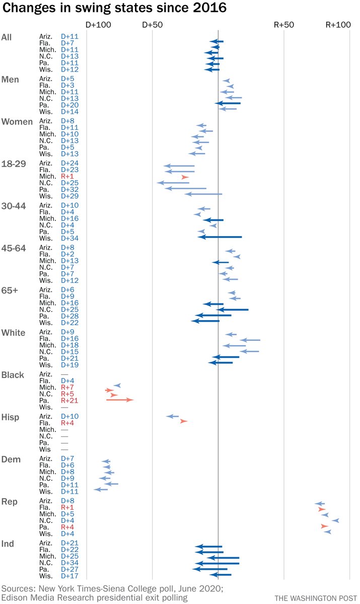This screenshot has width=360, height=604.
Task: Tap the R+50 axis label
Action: coord(284,25)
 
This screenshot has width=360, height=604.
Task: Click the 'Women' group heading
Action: coord(17,122)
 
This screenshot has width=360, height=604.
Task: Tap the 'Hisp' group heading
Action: coord(12,417)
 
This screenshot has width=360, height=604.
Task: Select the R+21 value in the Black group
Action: coord(69,401)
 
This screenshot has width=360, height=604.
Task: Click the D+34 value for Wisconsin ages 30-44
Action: coord(69,238)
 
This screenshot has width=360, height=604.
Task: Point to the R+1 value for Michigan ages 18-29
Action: coord(67,177)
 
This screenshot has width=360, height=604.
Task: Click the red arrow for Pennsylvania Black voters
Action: coord(119,400)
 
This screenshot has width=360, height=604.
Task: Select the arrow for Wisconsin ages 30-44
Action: coord(220,237)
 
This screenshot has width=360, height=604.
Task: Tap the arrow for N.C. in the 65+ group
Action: coord(233,310)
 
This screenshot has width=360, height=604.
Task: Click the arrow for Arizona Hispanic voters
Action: coord(172,416)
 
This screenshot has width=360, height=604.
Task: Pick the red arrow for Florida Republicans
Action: coord(321,509)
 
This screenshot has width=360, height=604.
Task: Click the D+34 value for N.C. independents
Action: coord(69,563)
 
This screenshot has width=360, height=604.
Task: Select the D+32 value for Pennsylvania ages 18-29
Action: coord(69,190)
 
